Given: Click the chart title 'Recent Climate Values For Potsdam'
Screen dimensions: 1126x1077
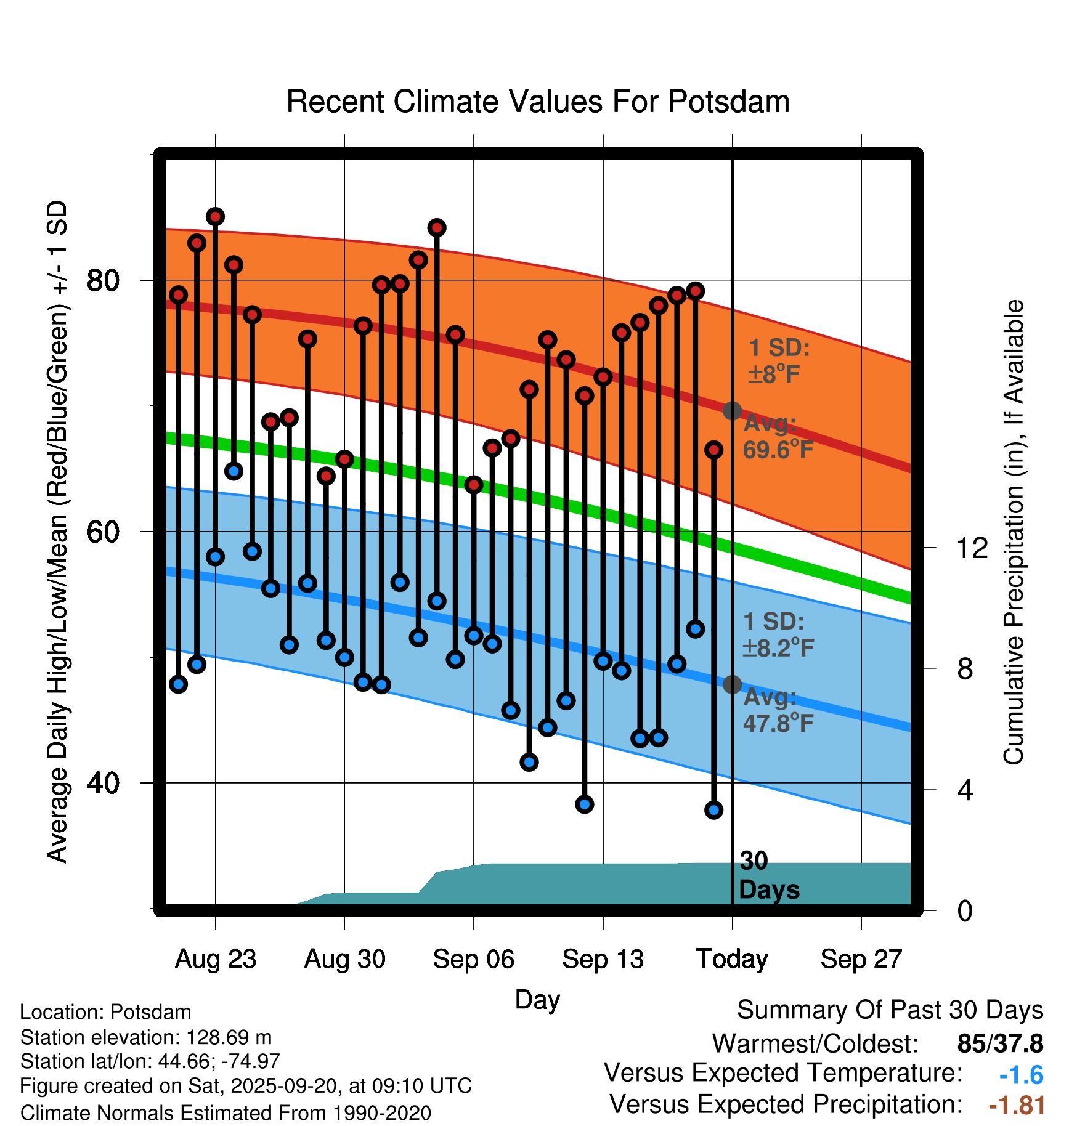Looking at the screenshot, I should point(538,102).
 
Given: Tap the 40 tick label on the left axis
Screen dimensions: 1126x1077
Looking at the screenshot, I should point(103,783).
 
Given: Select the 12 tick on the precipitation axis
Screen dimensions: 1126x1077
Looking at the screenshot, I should point(972,548).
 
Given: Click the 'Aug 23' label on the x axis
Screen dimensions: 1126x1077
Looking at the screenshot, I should point(215,959).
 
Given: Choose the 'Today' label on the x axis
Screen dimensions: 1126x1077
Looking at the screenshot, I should point(732,959).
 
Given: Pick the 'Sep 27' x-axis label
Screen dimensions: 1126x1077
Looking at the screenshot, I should point(861,959).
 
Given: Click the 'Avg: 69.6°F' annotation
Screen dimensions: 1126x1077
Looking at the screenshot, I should point(778,437).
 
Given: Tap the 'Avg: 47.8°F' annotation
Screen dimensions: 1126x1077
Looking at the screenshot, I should point(778,710).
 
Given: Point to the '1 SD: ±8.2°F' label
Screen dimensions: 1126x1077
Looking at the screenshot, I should point(778,634).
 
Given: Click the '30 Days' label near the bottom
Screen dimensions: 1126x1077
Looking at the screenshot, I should point(768,875).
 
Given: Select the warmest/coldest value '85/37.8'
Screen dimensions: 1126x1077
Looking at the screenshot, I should point(1000,1044).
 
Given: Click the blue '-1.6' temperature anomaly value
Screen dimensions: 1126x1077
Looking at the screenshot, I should point(1021,1075).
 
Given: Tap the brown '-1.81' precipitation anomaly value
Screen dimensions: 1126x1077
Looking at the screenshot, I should point(1017,1106).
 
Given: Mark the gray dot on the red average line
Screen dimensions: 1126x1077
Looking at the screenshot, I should point(732,411).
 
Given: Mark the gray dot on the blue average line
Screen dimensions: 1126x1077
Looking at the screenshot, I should point(732,684).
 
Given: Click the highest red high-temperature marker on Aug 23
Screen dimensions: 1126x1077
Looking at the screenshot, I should point(215,217).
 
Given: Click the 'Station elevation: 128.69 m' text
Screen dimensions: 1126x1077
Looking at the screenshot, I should point(146,1037).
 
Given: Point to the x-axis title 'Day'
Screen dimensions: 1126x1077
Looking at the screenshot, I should point(537,1000).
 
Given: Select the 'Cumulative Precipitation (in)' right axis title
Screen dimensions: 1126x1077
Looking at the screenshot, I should point(1014,532).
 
